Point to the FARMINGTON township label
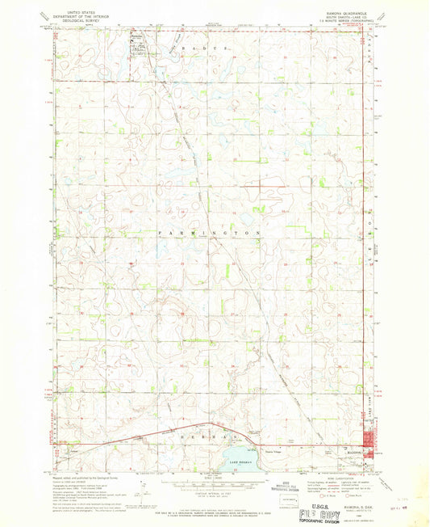point(209,233)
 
